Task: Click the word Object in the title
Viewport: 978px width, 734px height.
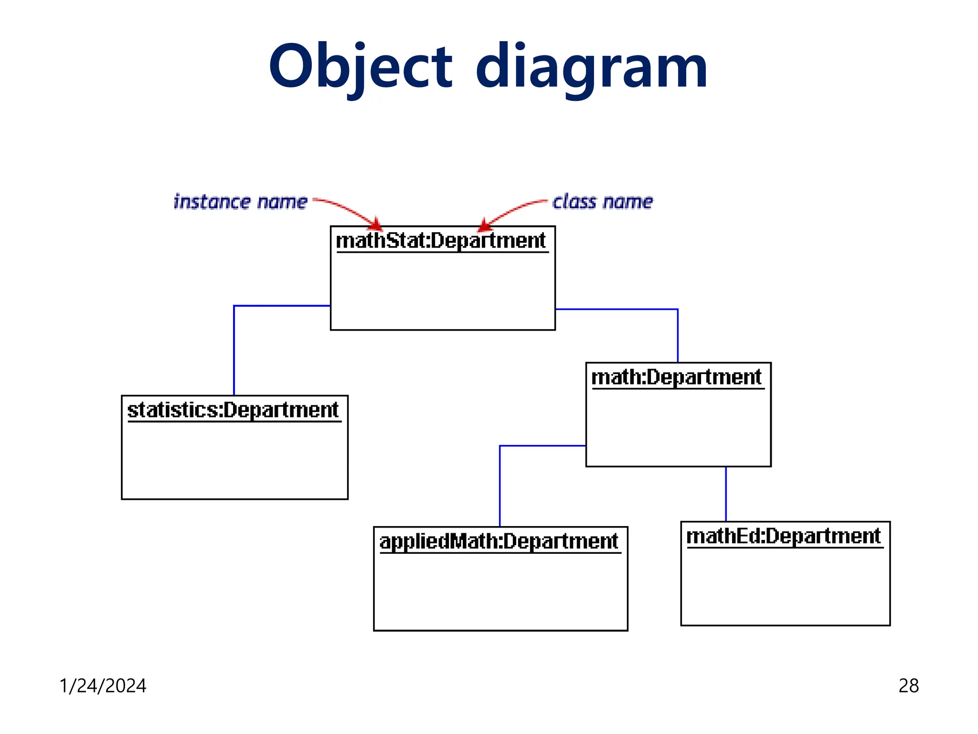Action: [361, 67]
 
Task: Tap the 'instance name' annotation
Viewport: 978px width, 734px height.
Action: [240, 202]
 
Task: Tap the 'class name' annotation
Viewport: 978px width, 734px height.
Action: [602, 202]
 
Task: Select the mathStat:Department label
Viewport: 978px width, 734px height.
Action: [440, 240]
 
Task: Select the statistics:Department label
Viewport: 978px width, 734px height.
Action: [233, 410]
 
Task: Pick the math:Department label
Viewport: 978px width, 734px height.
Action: [676, 377]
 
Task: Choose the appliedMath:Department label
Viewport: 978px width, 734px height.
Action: [499, 541]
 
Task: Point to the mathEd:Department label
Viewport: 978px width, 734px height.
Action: [783, 536]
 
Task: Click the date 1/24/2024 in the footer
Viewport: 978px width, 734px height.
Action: [103, 686]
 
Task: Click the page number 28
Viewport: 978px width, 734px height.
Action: [908, 686]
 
